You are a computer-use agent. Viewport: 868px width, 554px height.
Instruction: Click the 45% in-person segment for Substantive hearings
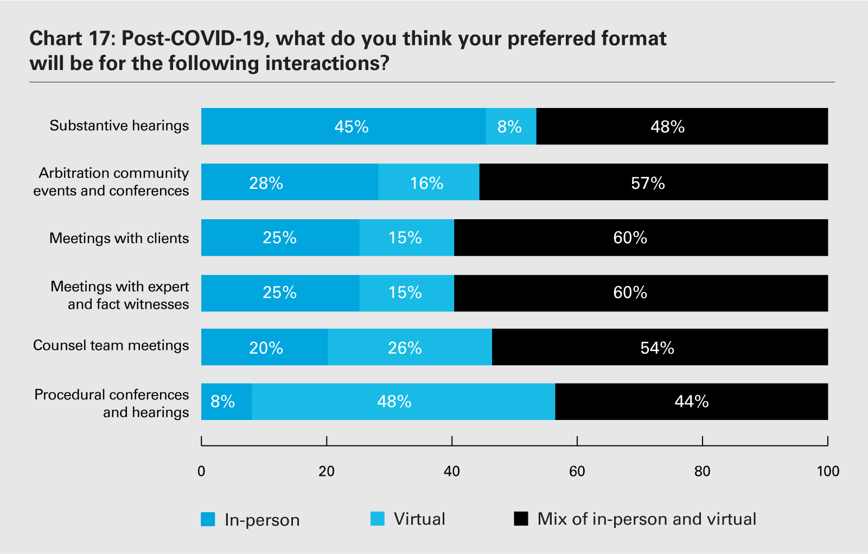coord(343,126)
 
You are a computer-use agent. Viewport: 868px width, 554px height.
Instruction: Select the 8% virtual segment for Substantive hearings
coord(510,126)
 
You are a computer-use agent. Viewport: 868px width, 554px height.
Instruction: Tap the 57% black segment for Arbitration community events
coord(653,182)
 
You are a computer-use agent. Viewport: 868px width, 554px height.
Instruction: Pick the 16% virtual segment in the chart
coord(429,182)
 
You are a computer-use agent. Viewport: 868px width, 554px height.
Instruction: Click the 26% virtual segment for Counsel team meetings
coord(410,347)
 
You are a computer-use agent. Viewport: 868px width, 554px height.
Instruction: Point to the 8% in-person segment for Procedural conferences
coord(226,402)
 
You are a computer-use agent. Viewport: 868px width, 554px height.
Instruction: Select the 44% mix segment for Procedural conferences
coord(691,402)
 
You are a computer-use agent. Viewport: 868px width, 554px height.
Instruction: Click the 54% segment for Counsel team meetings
coord(659,347)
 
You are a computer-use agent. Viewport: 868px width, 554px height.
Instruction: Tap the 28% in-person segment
coord(289,182)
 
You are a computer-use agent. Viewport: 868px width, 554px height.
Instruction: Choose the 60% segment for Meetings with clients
coord(640,238)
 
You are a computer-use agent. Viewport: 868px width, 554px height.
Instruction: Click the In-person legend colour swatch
coord(208,519)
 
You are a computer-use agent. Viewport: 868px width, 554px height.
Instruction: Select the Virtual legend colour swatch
coord(378,519)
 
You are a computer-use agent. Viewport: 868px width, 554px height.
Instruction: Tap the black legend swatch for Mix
coord(521,519)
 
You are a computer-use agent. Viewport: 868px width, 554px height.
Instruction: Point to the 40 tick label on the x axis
coord(452,472)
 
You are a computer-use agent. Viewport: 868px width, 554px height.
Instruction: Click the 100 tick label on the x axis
coord(828,472)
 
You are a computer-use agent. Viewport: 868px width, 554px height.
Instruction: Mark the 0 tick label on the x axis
coord(201,472)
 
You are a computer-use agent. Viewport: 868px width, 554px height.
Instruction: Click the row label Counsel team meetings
coord(111,346)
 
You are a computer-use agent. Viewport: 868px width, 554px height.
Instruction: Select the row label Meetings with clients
coord(119,238)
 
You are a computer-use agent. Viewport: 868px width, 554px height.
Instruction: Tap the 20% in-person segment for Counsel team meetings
coord(264,347)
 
